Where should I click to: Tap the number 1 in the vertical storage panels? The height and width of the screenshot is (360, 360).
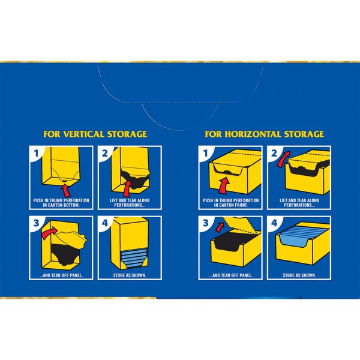tap(36, 153)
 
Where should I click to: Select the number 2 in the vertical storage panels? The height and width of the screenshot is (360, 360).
tap(104, 153)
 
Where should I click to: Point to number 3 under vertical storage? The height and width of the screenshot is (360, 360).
tap(37, 223)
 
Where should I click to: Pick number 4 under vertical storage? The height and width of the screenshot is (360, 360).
tap(105, 223)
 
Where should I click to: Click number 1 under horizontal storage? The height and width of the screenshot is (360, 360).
tap(205, 153)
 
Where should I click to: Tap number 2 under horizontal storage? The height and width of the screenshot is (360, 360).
tap(274, 153)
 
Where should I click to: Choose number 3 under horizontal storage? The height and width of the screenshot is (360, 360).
tap(206, 223)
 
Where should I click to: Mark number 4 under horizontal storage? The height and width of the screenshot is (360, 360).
tap(274, 223)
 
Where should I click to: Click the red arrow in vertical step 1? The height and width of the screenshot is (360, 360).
tap(65, 191)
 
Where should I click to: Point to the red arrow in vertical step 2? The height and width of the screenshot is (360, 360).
tap(127, 189)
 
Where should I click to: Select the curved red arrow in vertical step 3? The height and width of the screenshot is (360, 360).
tap(49, 232)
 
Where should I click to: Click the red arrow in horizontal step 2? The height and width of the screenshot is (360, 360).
tap(283, 158)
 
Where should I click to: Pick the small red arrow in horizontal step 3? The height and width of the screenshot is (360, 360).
tap(220, 227)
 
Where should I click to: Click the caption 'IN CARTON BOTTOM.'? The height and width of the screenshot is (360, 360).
tap(61, 205)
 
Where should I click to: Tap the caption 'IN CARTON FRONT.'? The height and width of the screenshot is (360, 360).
tap(231, 205)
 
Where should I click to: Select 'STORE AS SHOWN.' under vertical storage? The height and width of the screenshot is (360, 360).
tap(130, 275)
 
